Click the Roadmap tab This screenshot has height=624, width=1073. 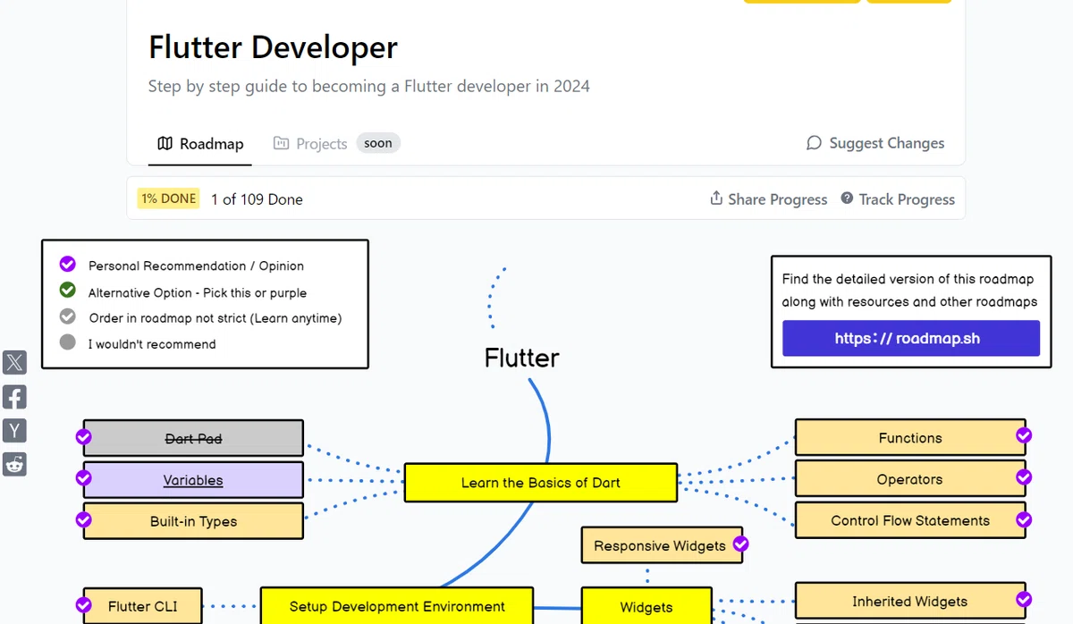click(200, 143)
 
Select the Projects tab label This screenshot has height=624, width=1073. click(310, 143)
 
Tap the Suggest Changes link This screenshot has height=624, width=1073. click(875, 143)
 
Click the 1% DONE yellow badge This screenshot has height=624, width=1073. click(168, 198)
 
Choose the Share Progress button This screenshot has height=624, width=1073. click(768, 198)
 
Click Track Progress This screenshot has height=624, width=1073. click(898, 198)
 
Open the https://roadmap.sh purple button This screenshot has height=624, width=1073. click(911, 338)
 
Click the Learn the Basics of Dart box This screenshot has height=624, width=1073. click(541, 482)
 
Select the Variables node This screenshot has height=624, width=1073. click(193, 480)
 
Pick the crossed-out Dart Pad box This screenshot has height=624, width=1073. click(193, 438)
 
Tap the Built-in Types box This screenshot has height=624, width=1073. click(193, 521)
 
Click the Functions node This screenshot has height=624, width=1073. click(910, 437)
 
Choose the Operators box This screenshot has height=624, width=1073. click(910, 479)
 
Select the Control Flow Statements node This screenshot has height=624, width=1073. click(910, 520)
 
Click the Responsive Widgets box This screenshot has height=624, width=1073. click(662, 545)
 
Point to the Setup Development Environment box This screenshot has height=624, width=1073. click(397, 606)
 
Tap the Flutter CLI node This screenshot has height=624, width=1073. click(142, 606)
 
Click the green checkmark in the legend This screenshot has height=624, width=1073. click(68, 290)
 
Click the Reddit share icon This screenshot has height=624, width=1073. click(14, 465)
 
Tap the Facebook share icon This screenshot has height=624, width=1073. click(14, 397)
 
